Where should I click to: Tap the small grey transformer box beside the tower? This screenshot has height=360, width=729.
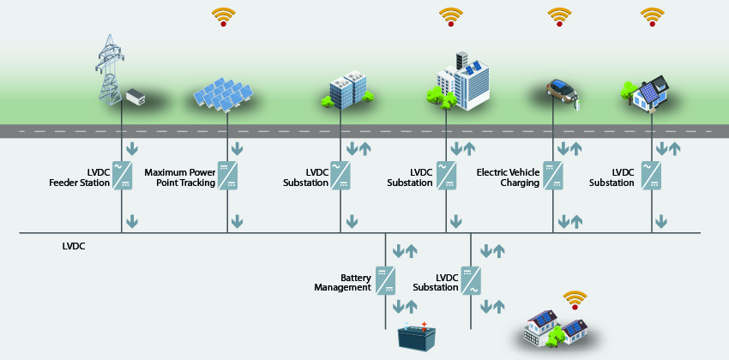tap(136, 96)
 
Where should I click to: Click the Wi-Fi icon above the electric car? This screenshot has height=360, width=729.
tap(559, 17)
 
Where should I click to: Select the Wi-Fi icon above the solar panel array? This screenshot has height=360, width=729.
tap(224, 17)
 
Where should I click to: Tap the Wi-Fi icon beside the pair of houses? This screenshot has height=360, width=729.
tap(575, 301)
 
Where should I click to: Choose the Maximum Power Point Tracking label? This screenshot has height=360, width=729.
tap(179, 177)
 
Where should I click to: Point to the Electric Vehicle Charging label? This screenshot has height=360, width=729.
tap(508, 177)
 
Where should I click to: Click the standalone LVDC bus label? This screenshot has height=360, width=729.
tap(74, 246)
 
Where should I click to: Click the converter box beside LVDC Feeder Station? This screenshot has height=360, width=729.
tap(124, 175)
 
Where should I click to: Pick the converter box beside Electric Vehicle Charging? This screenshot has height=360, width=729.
tap(553, 175)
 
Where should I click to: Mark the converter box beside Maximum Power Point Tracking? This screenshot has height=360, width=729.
tap(228, 175)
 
